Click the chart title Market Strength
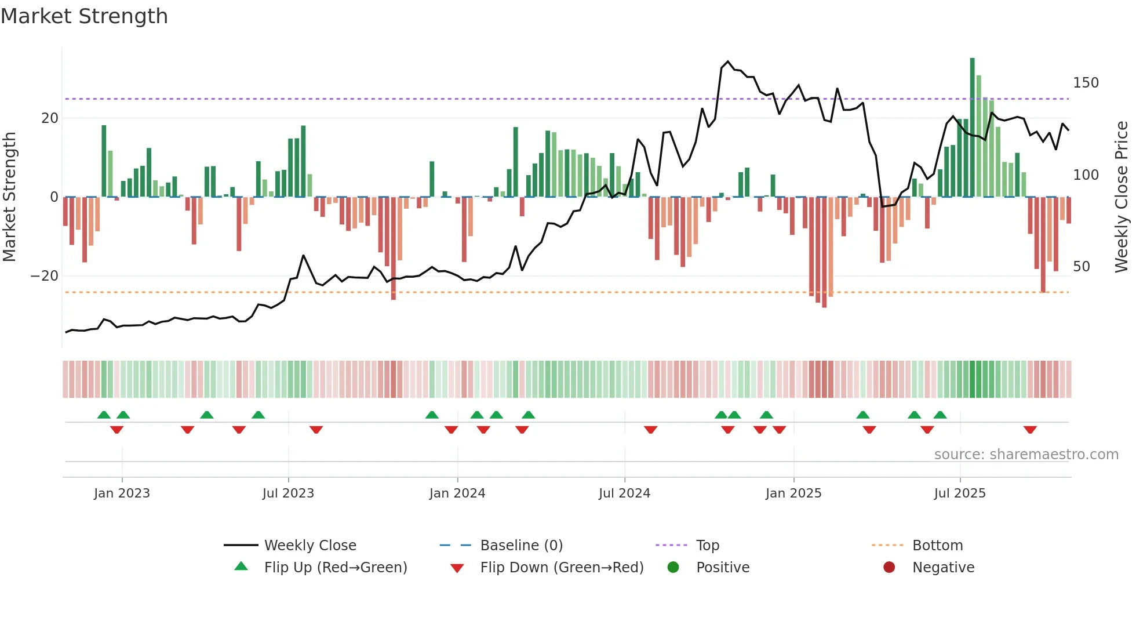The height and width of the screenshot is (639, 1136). (84, 16)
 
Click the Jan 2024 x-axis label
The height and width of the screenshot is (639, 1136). (457, 493)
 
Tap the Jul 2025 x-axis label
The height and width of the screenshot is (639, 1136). (960, 493)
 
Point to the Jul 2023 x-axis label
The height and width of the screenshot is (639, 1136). (288, 493)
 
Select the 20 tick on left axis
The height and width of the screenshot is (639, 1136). (50, 118)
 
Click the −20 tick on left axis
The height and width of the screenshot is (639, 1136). (45, 276)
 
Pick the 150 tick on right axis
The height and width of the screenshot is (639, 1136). (1086, 83)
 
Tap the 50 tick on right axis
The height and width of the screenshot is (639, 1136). (1082, 267)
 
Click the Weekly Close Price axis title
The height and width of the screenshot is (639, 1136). (1122, 197)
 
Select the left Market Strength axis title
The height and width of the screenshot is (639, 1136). (9, 197)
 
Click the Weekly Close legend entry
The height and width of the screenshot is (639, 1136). (310, 546)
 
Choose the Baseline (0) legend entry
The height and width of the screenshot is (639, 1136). (521, 546)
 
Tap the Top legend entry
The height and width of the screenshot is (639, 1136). (707, 546)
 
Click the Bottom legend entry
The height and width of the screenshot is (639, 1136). (937, 546)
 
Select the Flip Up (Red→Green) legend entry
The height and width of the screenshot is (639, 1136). (335, 568)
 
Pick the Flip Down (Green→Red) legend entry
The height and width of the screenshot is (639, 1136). (562, 568)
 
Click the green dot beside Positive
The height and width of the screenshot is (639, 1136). (673, 568)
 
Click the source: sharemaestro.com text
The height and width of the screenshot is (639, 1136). (1026, 455)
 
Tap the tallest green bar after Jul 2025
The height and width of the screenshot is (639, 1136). (973, 128)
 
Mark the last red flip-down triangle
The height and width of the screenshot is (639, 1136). (1030, 430)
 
